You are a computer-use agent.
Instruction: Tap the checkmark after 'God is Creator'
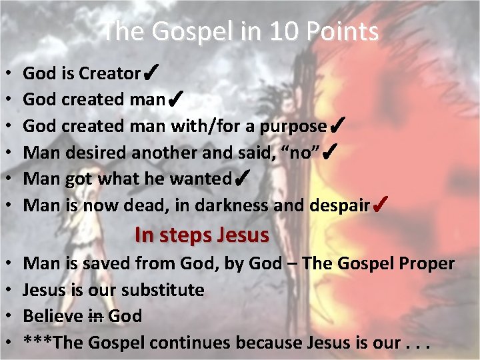pyautogui.click(x=150, y=71)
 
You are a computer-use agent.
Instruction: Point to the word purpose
pyautogui.click(x=293, y=126)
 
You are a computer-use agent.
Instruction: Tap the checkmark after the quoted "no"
pyautogui.click(x=329, y=151)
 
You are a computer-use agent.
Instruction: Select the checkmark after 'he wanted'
pyautogui.click(x=243, y=178)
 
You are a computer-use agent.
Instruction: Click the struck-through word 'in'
pyautogui.click(x=96, y=316)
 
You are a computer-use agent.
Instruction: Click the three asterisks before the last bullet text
pyautogui.click(x=38, y=343)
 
